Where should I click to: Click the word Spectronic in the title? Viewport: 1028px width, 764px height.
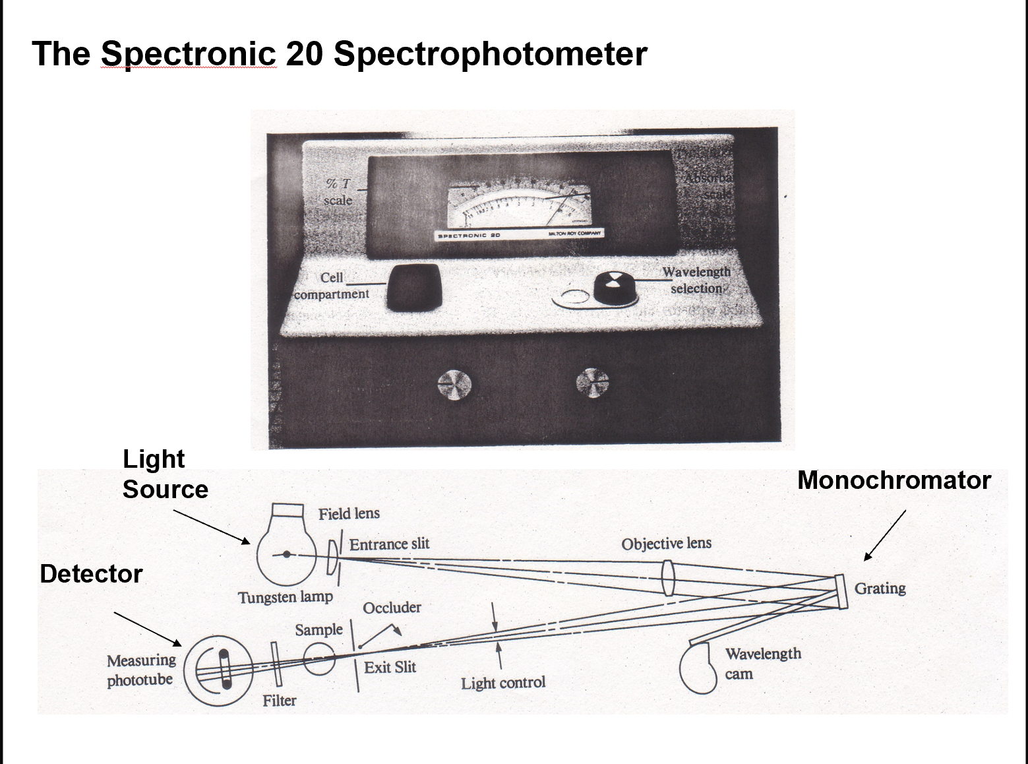[x=189, y=53]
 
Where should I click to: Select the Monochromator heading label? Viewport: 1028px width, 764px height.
[x=893, y=480]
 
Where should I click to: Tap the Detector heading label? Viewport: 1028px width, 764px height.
[x=91, y=574]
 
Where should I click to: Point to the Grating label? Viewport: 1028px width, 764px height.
[x=880, y=588]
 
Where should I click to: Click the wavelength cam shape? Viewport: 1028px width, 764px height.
[x=698, y=670]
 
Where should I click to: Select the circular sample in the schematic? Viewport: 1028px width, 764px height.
[x=320, y=657]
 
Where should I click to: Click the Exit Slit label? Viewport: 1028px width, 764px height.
[x=390, y=667]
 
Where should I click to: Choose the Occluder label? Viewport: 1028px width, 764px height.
[x=392, y=608]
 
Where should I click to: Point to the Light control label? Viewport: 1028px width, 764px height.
[x=503, y=683]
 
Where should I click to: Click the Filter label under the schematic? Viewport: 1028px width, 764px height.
[x=280, y=701]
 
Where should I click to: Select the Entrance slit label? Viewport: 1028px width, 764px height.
[x=389, y=544]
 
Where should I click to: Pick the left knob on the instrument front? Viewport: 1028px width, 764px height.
[x=454, y=385]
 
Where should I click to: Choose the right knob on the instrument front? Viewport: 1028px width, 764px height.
[x=592, y=383]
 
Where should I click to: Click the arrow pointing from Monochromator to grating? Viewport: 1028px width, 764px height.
[x=885, y=535]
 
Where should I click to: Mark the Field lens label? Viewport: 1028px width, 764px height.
[x=349, y=514]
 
